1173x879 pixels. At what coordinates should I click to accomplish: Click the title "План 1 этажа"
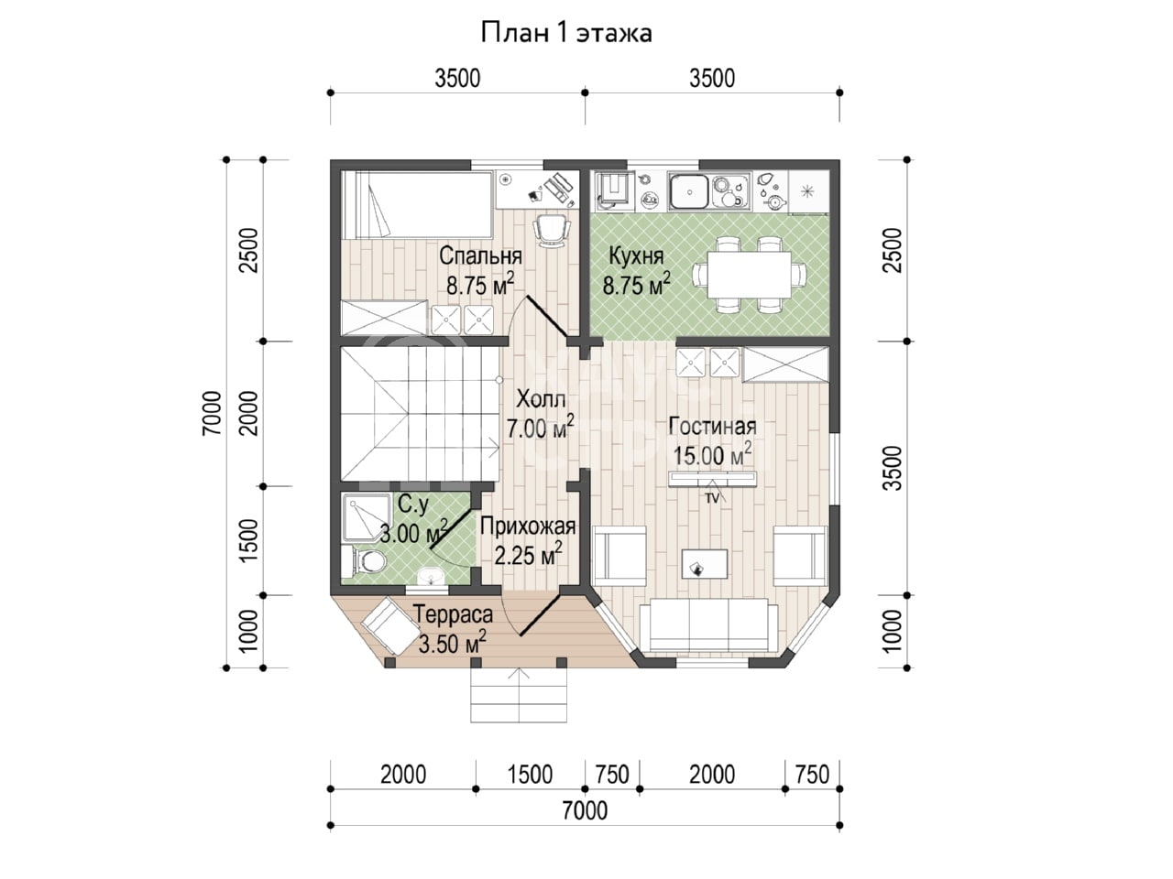click(x=566, y=33)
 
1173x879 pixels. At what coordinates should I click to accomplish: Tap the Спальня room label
click(x=480, y=256)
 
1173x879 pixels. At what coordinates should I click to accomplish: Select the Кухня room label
click(x=637, y=256)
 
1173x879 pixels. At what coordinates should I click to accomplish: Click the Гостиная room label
click(x=712, y=427)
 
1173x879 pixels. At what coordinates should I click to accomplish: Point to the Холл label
click(x=541, y=398)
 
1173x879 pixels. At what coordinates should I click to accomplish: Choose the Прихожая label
click(x=528, y=526)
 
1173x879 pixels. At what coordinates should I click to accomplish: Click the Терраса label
click(x=454, y=614)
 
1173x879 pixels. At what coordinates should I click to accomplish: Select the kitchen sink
click(x=690, y=191)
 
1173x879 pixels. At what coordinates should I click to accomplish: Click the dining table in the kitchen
click(x=750, y=275)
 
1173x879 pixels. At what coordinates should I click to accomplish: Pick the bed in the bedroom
click(x=417, y=204)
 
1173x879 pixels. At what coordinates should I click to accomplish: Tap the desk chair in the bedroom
click(x=551, y=230)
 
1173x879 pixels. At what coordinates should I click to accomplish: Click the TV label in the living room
click(x=712, y=499)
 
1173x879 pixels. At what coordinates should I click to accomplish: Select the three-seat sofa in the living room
click(x=708, y=624)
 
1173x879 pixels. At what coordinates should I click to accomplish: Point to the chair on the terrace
click(x=391, y=625)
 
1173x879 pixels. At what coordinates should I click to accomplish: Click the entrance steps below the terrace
click(x=519, y=695)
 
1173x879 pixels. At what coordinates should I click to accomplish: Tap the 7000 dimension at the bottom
click(x=585, y=811)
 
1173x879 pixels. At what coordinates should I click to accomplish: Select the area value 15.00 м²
click(x=712, y=455)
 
